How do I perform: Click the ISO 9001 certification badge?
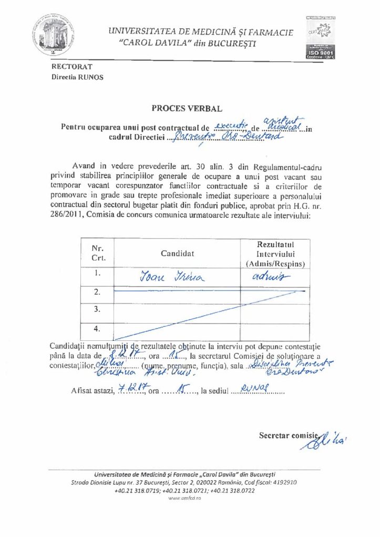pyautogui.click(x=318, y=37)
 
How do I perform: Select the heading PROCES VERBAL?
pyautogui.click(x=187, y=109)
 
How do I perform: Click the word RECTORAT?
pyautogui.click(x=71, y=67)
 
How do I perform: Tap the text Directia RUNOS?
pyautogui.click(x=77, y=77)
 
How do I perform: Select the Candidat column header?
pyautogui.click(x=177, y=253)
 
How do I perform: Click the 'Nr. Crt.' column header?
pyautogui.click(x=98, y=253)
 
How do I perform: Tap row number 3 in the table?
pyautogui.click(x=97, y=309)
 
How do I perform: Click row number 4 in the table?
pyautogui.click(x=97, y=329)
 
